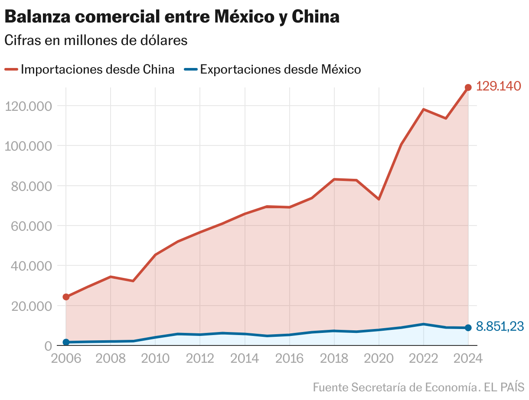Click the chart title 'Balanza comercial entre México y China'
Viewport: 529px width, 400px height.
172,17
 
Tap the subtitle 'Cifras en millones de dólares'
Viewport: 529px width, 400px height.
96,40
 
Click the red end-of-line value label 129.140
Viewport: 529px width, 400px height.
498,86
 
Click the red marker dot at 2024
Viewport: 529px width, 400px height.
468,87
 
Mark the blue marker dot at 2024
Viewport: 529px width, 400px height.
468,328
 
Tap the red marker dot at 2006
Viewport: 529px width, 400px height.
66,297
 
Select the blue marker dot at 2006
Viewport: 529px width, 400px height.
66,342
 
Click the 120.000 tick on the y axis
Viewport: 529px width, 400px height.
27,106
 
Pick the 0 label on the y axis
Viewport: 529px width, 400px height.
48,346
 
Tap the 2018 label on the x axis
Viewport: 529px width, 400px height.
334,358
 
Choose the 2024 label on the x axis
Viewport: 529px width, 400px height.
467,358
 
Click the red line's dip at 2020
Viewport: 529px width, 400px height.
379,199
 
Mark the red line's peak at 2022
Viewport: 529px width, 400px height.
423,110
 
